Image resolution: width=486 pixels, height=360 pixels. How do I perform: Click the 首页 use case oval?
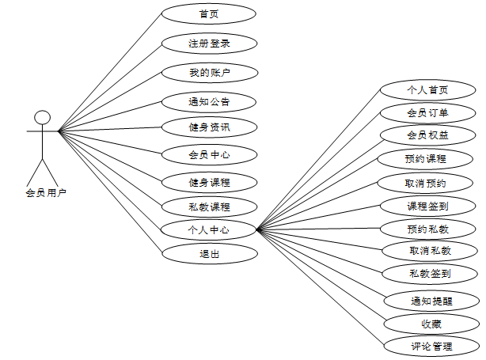click(209, 13)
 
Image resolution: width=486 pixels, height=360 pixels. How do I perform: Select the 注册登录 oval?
click(209, 43)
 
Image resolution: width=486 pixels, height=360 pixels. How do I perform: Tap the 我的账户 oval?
click(209, 72)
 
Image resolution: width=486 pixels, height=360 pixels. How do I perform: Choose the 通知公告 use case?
click(209, 101)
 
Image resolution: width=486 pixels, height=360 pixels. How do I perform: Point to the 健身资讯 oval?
click(209, 127)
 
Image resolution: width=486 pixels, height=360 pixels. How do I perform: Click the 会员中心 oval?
click(209, 153)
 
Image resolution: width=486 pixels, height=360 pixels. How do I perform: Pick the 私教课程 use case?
click(209, 207)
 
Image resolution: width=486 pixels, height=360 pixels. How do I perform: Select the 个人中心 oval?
click(209, 230)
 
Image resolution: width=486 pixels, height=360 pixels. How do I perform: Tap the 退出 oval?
click(209, 254)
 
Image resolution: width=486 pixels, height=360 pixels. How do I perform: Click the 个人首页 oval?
click(427, 89)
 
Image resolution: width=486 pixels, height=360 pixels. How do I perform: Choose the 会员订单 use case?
click(427, 112)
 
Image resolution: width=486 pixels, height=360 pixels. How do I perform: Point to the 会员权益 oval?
click(427, 135)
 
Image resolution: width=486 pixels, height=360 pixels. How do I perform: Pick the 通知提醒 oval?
click(432, 301)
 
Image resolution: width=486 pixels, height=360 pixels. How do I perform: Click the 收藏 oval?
click(432, 324)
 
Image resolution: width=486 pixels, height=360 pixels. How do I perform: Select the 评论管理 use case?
click(432, 347)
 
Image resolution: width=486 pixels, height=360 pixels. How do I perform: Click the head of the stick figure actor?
click(43, 118)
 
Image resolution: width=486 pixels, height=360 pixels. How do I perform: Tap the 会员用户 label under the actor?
click(45, 192)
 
